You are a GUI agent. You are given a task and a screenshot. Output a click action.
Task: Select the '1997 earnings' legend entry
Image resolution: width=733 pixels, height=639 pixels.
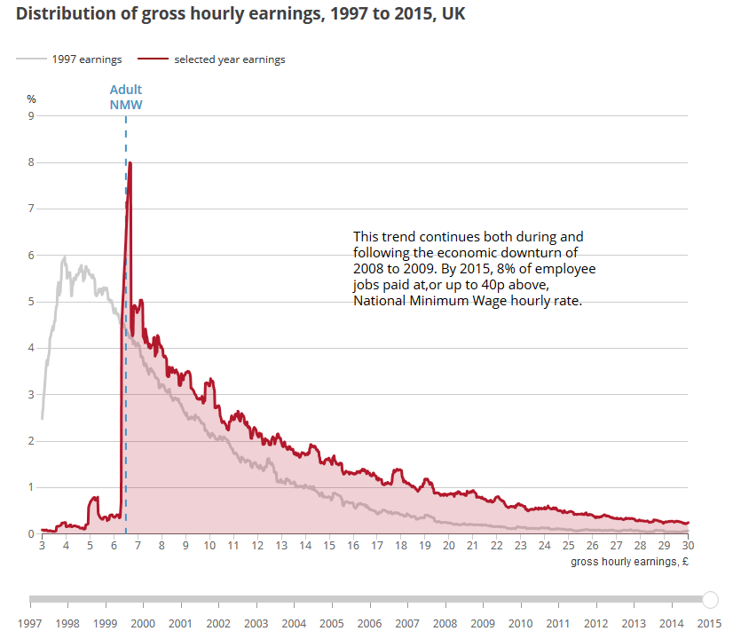tap(87, 59)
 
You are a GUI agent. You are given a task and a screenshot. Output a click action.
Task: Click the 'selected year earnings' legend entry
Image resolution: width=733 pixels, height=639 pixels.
tap(229, 59)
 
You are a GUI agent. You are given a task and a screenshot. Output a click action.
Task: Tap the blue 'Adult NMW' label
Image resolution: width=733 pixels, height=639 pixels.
tap(126, 97)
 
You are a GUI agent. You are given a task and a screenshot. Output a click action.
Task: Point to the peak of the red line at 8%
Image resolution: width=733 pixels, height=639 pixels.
tap(130, 163)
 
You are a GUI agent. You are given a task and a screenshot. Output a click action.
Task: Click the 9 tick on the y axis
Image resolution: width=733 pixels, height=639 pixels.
tap(31, 116)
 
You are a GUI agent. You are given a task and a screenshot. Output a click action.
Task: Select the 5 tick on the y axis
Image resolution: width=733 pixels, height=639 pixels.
tap(31, 302)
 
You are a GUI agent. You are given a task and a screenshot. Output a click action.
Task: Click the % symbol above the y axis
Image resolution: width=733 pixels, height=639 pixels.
tap(31, 99)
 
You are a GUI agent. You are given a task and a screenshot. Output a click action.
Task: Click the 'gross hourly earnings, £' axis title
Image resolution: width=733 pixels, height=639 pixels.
tap(631, 562)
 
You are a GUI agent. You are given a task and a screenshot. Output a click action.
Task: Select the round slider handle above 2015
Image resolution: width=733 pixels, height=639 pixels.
tap(710, 599)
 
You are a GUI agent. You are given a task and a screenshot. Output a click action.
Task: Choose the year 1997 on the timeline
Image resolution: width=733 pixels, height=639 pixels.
tap(30, 623)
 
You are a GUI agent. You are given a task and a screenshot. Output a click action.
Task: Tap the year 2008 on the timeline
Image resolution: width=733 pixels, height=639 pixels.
tap(445, 623)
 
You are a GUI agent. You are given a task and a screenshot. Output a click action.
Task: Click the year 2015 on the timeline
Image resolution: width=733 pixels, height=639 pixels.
tap(709, 623)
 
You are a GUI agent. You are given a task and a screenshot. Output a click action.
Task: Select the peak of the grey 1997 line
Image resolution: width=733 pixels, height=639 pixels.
tap(65, 258)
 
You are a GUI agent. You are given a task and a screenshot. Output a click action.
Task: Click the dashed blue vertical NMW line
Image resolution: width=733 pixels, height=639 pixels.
tap(126, 399)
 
